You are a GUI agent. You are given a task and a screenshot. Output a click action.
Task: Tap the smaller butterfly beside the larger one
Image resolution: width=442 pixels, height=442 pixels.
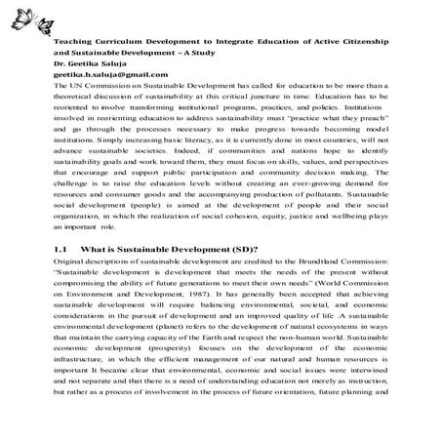point(48,9)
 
